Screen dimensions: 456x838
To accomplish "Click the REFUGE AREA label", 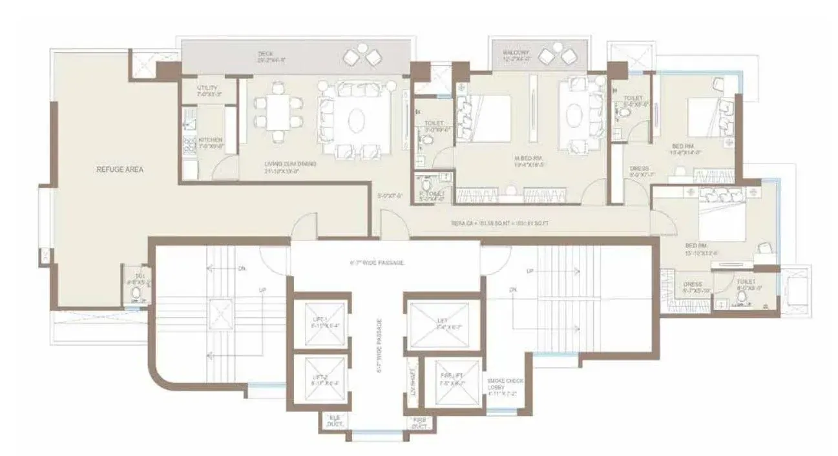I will coord(120,170).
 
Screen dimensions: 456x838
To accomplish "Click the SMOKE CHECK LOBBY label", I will coord(505,387).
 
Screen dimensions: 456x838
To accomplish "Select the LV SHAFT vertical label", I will coord(413,382).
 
